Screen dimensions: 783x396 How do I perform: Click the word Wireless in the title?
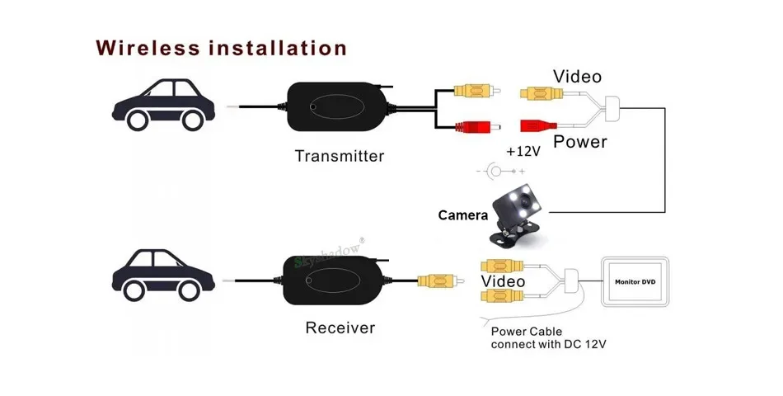tap(148, 48)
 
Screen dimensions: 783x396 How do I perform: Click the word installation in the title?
tap(278, 48)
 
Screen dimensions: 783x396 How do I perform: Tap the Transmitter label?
tap(340, 156)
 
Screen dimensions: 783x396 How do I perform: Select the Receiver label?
tap(340, 328)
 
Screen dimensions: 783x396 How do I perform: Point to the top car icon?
tap(164, 105)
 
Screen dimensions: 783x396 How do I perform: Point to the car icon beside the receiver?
tap(164, 275)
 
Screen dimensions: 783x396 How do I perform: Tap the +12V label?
tap(523, 152)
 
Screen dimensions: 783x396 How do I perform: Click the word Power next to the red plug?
tap(580, 142)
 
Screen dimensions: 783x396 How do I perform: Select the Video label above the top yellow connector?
tap(577, 77)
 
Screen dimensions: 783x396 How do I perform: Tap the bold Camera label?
tap(463, 215)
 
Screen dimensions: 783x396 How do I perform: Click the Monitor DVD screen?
tap(635, 281)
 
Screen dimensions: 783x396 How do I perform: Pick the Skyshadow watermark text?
tap(330, 253)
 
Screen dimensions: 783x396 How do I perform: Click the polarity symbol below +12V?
tap(500, 172)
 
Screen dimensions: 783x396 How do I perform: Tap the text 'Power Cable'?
tap(527, 332)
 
